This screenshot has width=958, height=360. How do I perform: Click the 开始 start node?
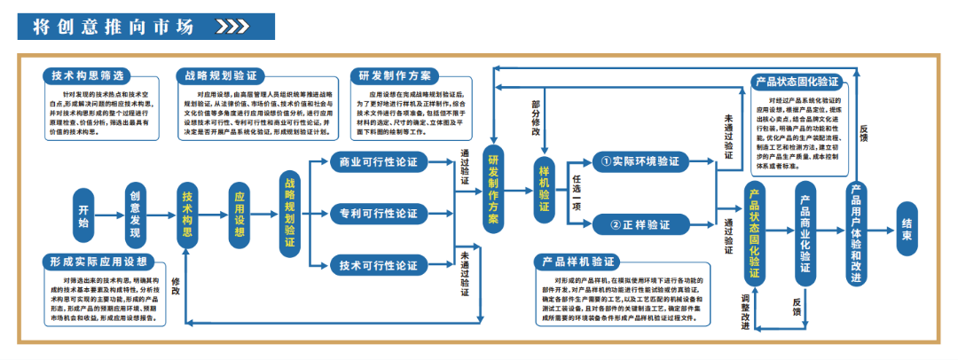[83, 215]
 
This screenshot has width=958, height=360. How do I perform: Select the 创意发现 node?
[135, 215]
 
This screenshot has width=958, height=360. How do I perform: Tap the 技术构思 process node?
[187, 215]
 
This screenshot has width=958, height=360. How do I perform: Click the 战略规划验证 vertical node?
[290, 215]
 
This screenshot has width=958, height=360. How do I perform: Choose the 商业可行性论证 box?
[379, 162]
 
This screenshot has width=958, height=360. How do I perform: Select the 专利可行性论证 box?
[379, 214]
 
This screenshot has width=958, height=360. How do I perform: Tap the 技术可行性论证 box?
[379, 265]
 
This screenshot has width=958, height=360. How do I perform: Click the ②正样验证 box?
[640, 224]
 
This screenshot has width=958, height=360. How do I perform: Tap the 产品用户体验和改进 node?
[855, 232]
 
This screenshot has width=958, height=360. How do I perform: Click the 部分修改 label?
[536, 117]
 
